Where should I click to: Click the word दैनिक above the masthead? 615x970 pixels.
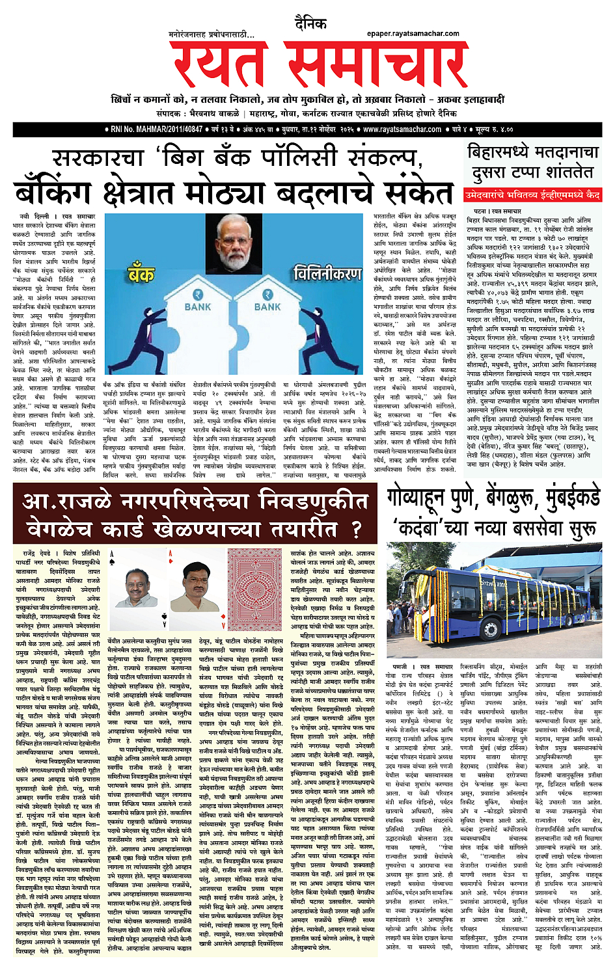tap(310, 24)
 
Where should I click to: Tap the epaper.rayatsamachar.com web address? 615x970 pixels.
tap(413, 34)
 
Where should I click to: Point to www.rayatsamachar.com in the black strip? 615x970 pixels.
tap(402, 129)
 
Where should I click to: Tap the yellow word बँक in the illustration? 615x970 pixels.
tap(141, 271)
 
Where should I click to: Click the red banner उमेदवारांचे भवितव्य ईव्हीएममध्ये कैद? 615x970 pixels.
tap(532, 195)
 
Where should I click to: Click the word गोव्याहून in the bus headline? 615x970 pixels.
tap(430, 499)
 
